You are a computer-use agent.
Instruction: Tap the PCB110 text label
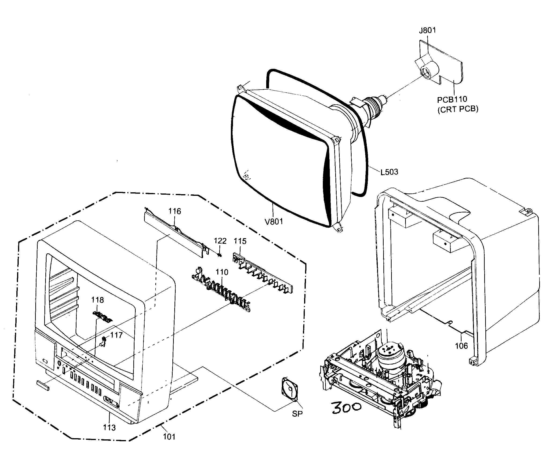(452, 99)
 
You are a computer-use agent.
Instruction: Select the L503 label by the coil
(389, 172)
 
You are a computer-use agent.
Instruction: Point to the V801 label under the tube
(273, 221)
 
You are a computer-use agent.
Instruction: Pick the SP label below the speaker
(297, 414)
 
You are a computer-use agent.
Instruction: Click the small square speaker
(290, 389)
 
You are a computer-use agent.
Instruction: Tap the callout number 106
(461, 346)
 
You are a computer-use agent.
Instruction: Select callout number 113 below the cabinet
(109, 427)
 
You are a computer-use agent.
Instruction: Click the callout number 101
(169, 437)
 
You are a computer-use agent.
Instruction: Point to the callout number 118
(97, 300)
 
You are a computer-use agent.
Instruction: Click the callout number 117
(116, 335)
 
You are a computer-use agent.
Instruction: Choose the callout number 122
(220, 241)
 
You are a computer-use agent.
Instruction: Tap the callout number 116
(175, 211)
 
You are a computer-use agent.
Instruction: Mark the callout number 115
(240, 241)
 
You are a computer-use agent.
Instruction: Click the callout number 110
(222, 272)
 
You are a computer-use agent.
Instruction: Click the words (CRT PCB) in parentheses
(458, 109)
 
